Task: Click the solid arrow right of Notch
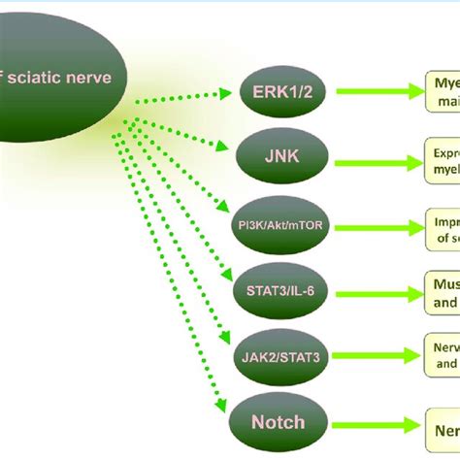[374, 423]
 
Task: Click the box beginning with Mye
[441, 93]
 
